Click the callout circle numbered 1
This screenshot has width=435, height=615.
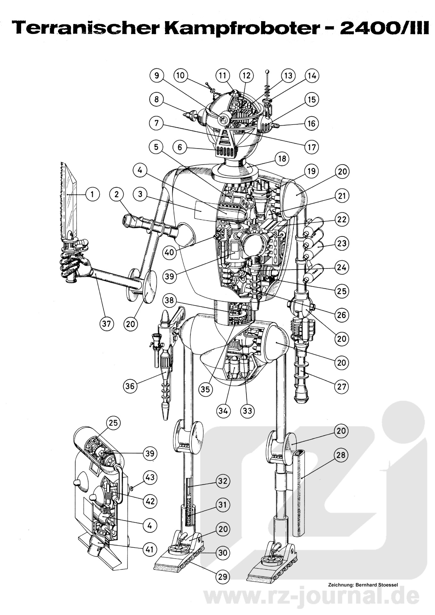[93, 194]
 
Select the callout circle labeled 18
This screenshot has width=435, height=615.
[282, 159]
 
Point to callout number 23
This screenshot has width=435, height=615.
[341, 243]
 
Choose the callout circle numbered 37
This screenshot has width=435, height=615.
[106, 324]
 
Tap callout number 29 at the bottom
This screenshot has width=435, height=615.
[222, 577]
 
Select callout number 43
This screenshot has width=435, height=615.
[150, 477]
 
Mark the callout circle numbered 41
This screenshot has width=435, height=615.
[150, 549]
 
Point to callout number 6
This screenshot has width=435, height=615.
[180, 147]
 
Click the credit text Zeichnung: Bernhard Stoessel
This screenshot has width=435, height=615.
[363, 585]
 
